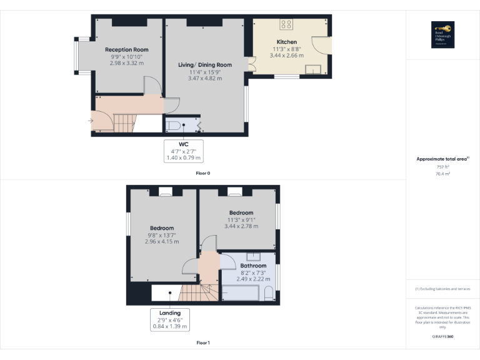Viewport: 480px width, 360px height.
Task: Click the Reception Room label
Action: (126, 49)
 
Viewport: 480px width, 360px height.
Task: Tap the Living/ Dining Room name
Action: (205, 65)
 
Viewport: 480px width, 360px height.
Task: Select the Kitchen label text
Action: (287, 42)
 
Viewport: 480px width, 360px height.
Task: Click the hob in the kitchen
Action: (286, 24)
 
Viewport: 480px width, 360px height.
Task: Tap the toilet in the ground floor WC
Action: (175, 126)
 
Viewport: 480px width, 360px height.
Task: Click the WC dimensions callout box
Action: (184, 151)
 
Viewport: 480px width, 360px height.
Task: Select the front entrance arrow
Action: (91, 121)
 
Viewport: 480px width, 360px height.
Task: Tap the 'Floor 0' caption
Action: (203, 172)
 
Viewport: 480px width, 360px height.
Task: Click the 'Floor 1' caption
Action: (203, 342)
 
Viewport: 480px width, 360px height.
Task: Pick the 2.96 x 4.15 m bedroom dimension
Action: (162, 241)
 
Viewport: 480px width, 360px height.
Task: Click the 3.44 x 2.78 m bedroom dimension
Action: (241, 226)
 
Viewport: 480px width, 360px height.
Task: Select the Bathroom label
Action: (254, 266)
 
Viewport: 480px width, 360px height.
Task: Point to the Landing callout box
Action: (170, 319)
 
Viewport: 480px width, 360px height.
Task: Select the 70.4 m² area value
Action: (442, 174)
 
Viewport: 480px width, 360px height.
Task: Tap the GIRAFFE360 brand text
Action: (442, 336)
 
